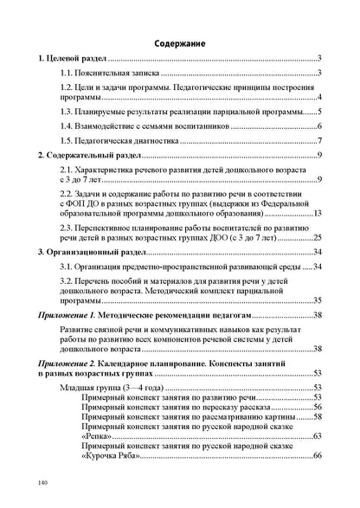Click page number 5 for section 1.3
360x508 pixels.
[x=319, y=112]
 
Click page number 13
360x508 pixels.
[x=317, y=213]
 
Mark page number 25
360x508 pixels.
[x=317, y=235]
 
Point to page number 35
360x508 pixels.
[x=317, y=300]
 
